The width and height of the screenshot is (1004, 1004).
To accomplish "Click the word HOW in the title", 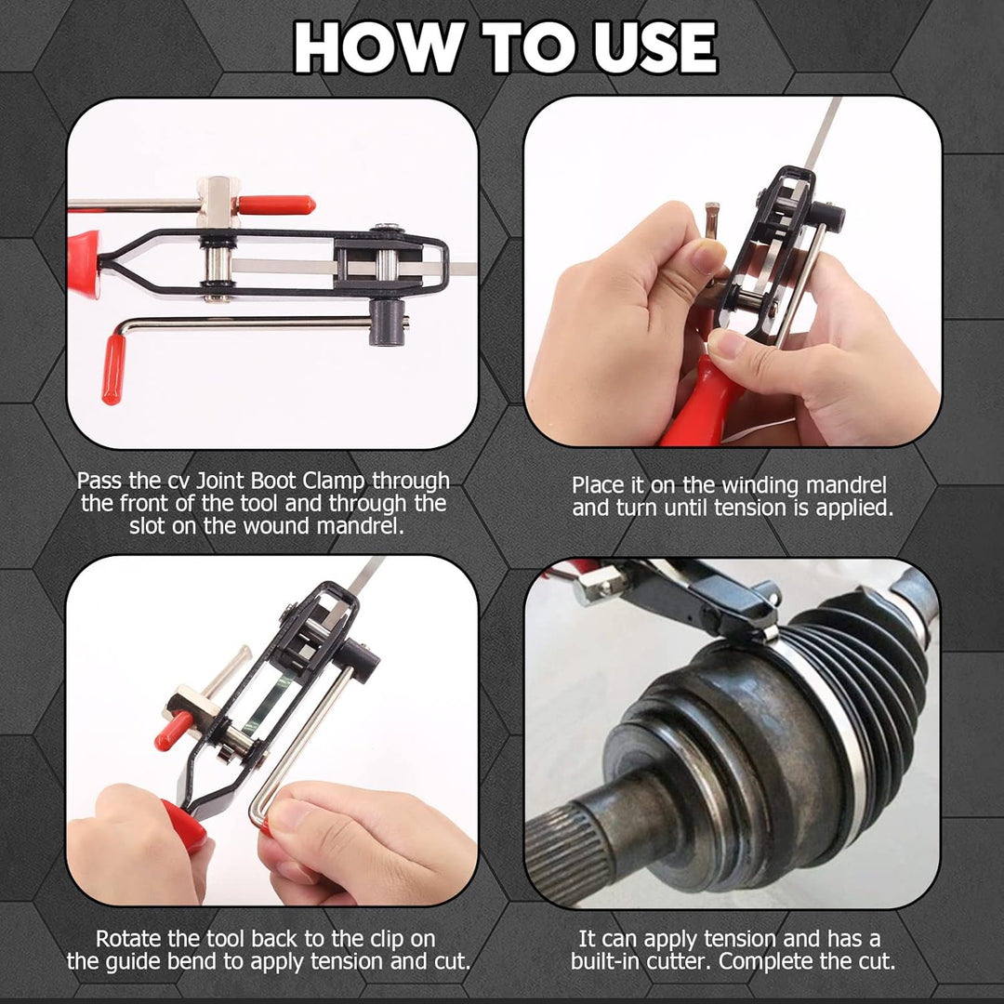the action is pos(379,47).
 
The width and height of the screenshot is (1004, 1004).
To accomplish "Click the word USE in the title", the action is pos(655,47).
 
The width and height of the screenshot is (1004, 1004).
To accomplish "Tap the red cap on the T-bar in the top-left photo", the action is pos(276,205).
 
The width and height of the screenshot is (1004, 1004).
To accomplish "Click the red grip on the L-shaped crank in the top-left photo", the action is pos(113,369).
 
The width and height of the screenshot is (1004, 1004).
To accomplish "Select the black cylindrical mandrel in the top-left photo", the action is pos(388,322).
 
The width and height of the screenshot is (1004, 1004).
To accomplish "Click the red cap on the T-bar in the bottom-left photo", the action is pos(173,731).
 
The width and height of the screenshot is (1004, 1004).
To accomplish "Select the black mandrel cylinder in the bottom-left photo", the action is pos(356,659).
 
